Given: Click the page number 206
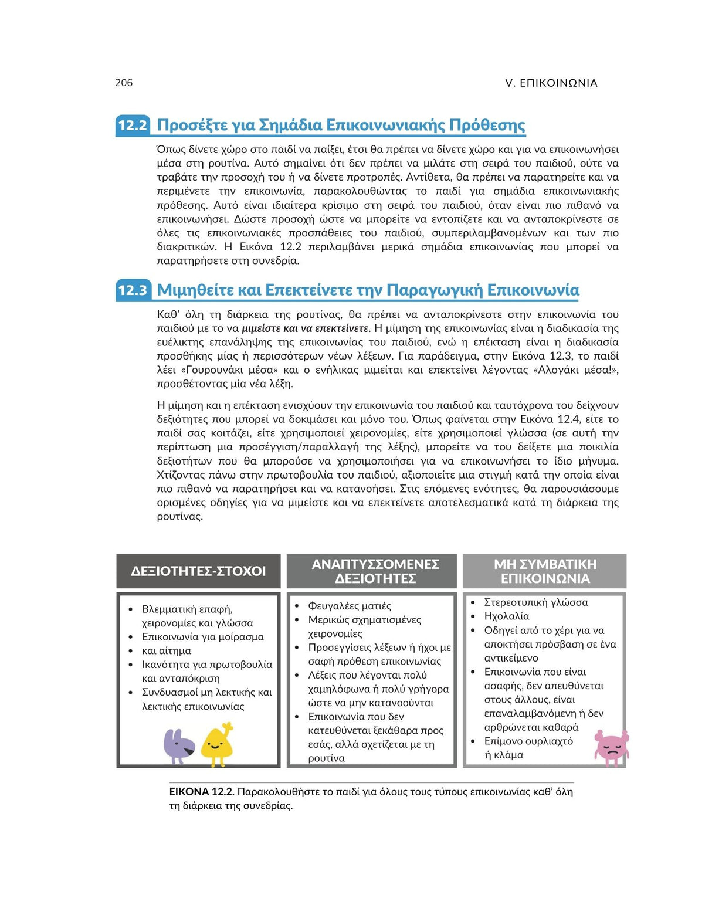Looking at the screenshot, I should [124, 83].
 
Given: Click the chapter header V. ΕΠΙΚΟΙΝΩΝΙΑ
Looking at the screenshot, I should [551, 83].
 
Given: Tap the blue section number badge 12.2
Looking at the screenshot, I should [133, 125].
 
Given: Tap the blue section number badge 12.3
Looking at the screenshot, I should [133, 290].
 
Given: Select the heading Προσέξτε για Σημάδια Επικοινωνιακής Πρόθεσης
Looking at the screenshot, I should [341, 125].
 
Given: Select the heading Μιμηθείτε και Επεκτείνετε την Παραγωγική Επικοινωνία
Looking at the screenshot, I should [368, 290].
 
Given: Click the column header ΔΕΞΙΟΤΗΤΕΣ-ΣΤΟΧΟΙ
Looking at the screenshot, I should [198, 571].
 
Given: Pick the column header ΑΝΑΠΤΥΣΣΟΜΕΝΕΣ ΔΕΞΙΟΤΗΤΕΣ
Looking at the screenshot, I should [375, 571].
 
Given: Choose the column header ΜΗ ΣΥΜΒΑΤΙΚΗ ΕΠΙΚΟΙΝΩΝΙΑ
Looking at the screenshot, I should [545, 571].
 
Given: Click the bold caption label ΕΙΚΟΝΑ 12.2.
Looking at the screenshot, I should [201, 792].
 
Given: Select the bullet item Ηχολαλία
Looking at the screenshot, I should [506, 616].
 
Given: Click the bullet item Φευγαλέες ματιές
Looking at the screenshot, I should [350, 606].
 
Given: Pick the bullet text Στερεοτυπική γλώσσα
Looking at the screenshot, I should [535, 602].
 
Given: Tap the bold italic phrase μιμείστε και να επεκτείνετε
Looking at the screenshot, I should [305, 328].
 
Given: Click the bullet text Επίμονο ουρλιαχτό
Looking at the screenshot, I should [528, 741].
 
